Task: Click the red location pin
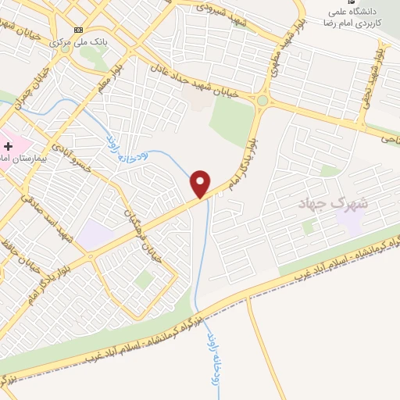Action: [201, 184]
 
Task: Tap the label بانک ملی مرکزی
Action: [77, 41]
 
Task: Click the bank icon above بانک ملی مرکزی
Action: [77, 30]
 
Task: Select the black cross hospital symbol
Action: [7, 146]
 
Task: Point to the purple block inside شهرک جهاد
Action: [349, 223]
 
